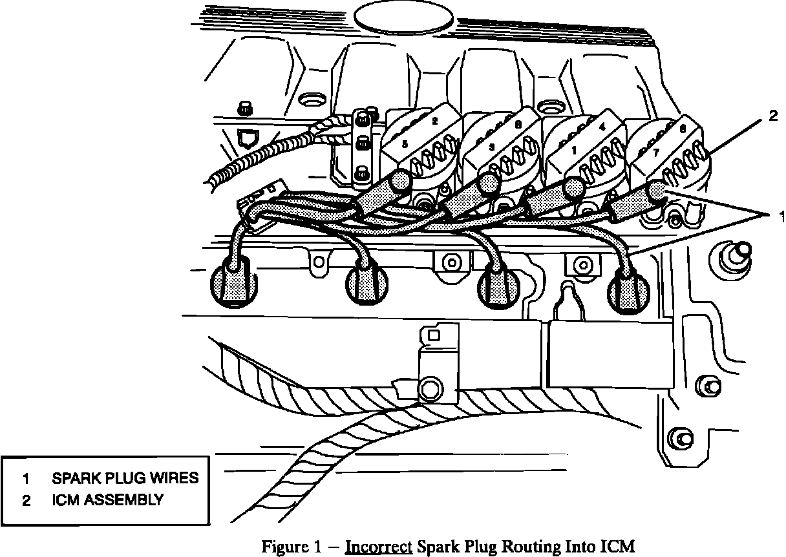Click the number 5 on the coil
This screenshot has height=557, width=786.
pyautogui.click(x=405, y=145)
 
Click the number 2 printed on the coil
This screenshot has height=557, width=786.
pyautogui.click(x=434, y=121)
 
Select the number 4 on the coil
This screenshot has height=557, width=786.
pyautogui.click(x=602, y=128)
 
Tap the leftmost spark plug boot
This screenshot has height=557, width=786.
pyautogui.click(x=234, y=283)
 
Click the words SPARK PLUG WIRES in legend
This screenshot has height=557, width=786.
pyautogui.click(x=125, y=479)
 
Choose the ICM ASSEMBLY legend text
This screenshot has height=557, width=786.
pyautogui.click(x=107, y=499)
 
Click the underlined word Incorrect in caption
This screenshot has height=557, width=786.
pyautogui.click(x=379, y=547)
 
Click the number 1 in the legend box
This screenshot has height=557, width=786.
pyautogui.click(x=27, y=479)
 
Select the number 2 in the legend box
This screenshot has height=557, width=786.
pyautogui.click(x=27, y=500)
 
